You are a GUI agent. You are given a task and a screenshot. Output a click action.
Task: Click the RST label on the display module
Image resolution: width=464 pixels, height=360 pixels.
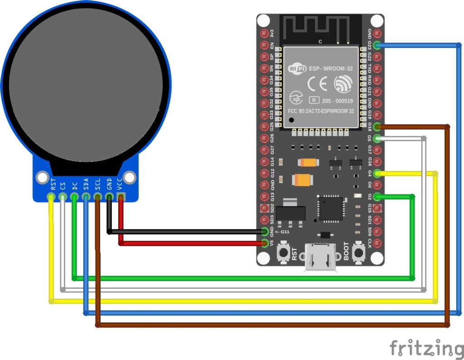point(53,185)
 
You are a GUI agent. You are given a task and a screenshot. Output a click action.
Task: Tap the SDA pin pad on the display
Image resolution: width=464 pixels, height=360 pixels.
point(86,196)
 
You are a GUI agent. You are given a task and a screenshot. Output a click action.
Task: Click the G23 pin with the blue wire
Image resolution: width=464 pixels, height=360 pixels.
point(377,45)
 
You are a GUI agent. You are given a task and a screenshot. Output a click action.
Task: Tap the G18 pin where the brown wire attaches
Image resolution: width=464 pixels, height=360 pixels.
point(377,126)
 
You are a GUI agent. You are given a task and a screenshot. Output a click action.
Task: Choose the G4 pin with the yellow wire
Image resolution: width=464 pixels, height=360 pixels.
point(377,173)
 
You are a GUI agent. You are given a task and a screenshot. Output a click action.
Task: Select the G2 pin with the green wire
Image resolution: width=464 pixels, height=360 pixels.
point(377,196)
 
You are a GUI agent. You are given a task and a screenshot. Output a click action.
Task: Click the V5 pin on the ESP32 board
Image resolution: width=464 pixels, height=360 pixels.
point(265,243)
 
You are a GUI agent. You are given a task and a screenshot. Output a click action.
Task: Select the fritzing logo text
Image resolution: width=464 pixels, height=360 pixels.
point(426,348)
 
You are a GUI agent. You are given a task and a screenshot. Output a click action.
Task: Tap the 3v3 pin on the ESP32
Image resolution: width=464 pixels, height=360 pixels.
point(265,34)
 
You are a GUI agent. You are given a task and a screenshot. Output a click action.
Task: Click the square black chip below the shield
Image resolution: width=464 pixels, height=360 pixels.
point(331,208)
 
